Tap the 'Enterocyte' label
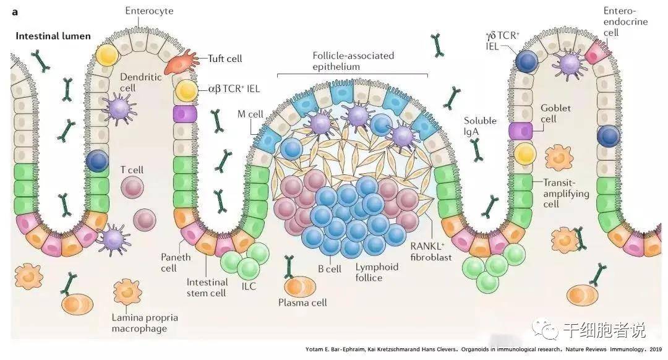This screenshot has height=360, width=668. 149,11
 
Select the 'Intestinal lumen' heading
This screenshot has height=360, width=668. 53,36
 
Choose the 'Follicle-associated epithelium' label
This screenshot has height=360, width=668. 353,61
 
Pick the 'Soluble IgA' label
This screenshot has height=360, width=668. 480,126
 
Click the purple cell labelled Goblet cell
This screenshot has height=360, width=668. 521,131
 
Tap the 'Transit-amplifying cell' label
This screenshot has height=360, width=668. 566,193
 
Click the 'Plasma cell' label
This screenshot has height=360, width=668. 302,303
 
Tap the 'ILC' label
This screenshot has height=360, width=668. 249,286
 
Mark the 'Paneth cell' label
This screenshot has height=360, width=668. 177,262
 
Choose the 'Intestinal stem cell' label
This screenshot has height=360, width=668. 206,288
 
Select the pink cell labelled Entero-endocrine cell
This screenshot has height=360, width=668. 596,54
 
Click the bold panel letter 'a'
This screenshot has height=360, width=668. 15,11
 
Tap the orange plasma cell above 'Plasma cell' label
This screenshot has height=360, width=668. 299,286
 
